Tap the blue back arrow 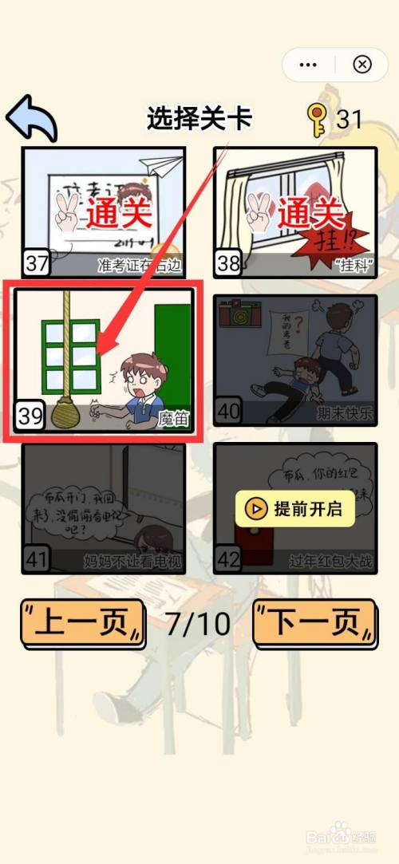point(32,118)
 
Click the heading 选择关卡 point(199,119)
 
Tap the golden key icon point(317,120)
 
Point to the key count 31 point(349,120)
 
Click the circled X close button point(362,64)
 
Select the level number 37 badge point(37,262)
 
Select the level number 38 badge point(228,262)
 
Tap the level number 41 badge point(37,559)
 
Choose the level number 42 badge point(228,559)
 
